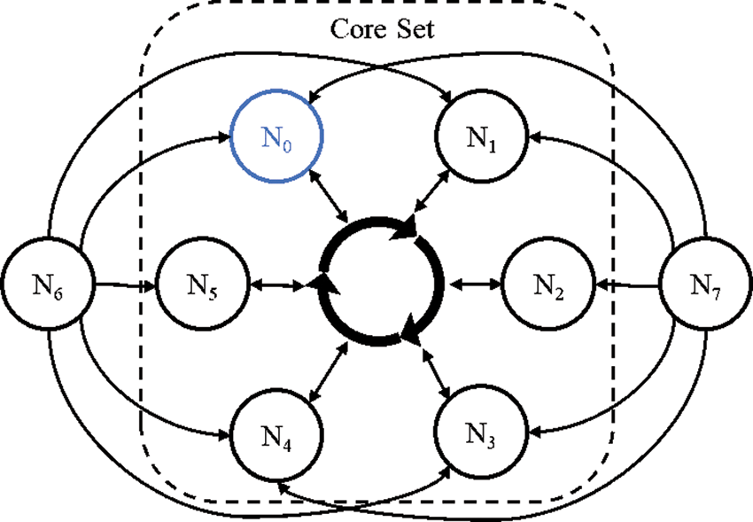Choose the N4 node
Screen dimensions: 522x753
pos(276,433)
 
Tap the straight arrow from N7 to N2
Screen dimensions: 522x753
pos(629,285)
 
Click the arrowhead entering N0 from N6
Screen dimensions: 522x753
pos(221,136)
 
